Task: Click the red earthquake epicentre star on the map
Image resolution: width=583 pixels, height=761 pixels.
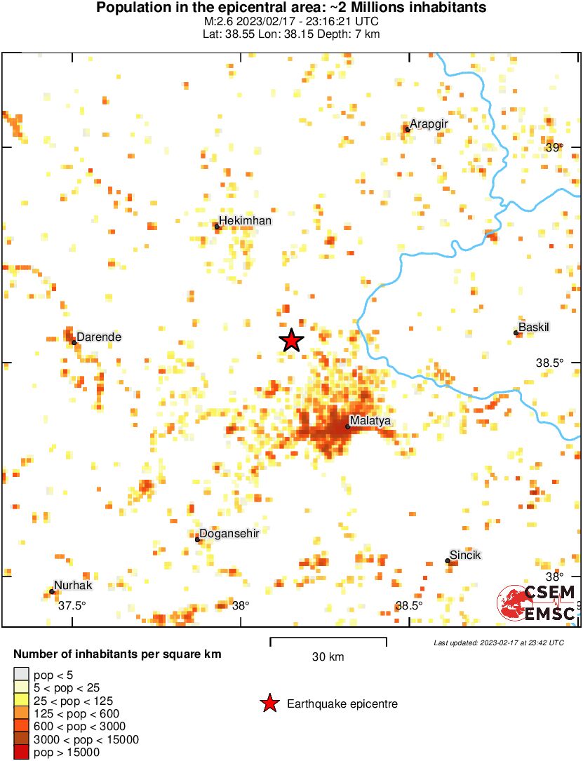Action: click(292, 340)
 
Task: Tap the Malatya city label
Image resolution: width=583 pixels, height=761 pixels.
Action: click(370, 421)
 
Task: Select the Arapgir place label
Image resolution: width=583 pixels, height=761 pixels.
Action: click(429, 124)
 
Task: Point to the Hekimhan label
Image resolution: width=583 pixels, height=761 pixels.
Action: click(245, 221)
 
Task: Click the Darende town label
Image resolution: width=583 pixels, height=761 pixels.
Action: click(99, 337)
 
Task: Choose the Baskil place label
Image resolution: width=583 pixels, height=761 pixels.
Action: click(533, 327)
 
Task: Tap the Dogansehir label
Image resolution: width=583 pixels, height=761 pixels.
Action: click(230, 533)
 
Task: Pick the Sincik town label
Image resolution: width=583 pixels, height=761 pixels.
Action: click(466, 555)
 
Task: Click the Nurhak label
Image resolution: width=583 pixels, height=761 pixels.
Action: click(74, 586)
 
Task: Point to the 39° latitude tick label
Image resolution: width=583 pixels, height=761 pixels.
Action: click(554, 147)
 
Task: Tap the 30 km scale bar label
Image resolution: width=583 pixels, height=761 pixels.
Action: click(328, 657)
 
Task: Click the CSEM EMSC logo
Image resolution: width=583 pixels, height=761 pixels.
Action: click(537, 603)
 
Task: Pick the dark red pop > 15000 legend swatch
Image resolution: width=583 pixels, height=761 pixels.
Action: click(22, 752)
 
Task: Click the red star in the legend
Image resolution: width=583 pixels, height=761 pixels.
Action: click(268, 703)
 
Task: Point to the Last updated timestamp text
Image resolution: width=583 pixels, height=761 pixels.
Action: click(499, 642)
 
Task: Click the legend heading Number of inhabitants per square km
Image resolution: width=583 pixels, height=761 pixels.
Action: click(117, 654)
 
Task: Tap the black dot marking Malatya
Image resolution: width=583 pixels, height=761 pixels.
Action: click(347, 426)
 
